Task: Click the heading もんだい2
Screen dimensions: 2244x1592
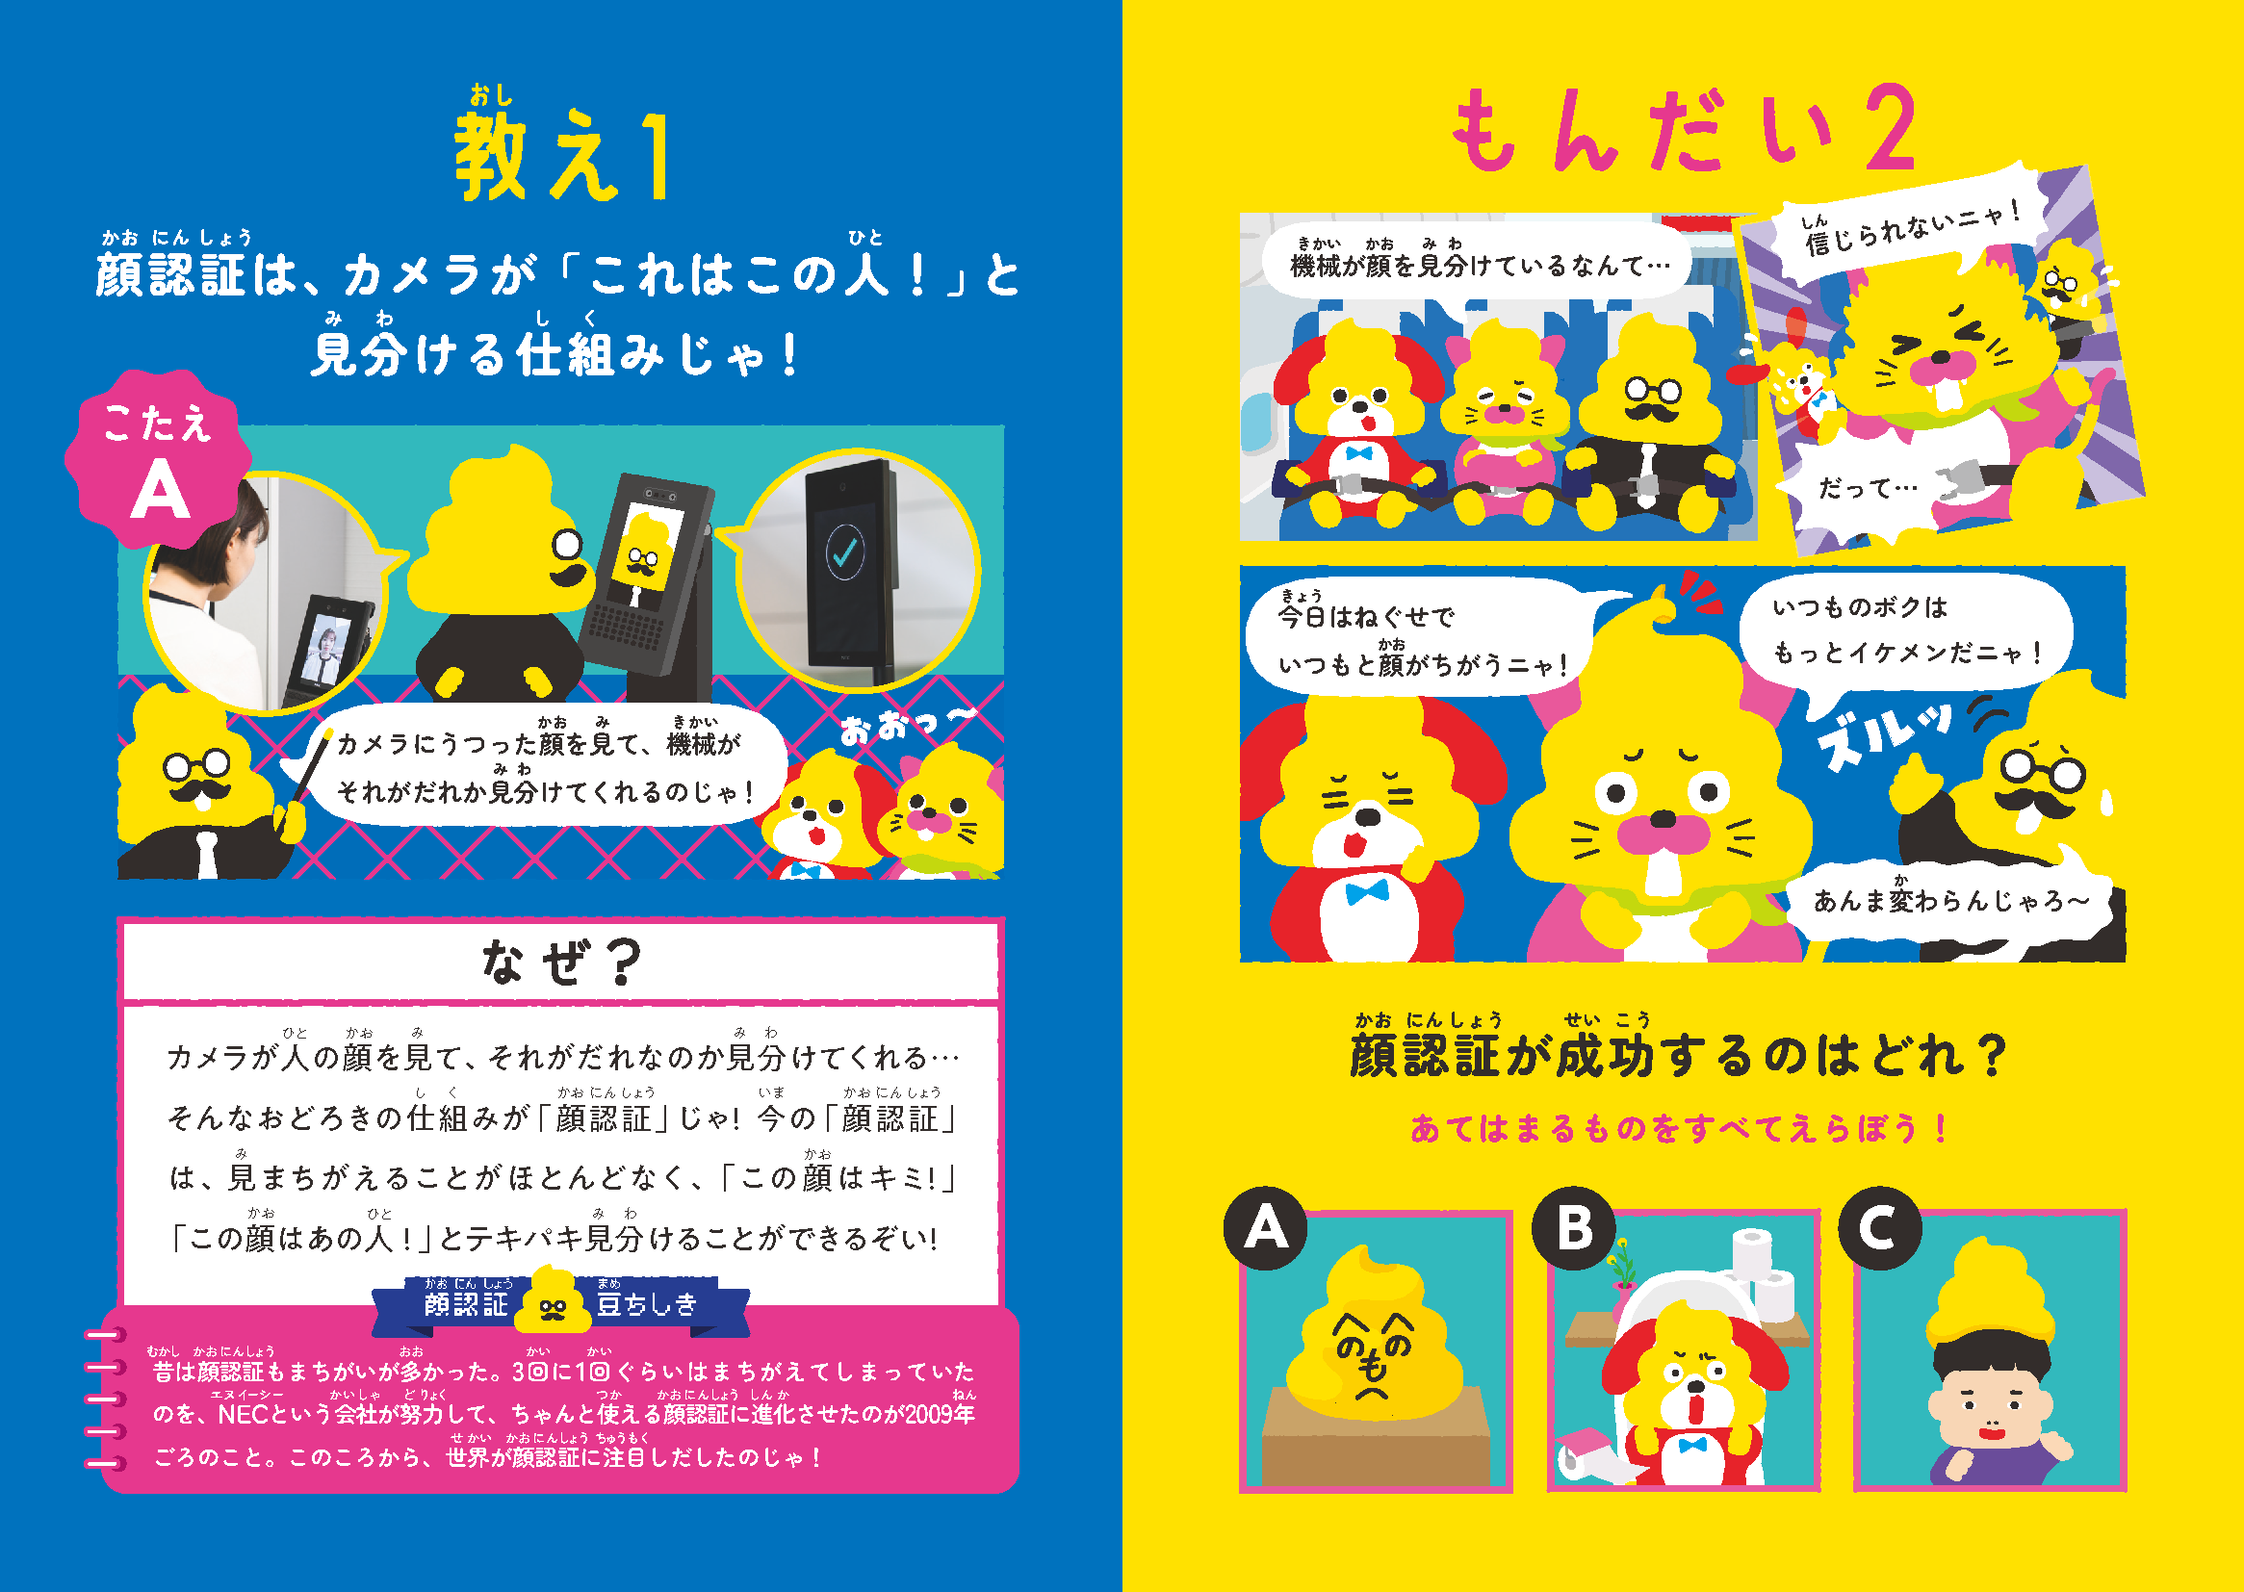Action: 1682,129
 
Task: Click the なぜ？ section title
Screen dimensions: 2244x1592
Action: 560,961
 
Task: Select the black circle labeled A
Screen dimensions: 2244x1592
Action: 1266,1227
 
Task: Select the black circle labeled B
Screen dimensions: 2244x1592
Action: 1573,1227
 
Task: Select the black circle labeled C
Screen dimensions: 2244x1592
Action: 1879,1227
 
